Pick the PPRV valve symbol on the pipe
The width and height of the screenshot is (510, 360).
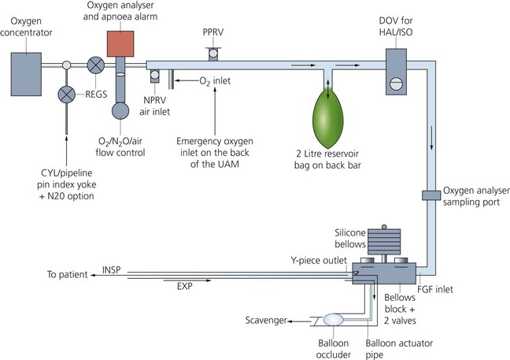pos(212,53)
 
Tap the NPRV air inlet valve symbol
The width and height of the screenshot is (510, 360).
pos(155,76)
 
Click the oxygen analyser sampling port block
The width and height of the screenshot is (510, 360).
pos(430,194)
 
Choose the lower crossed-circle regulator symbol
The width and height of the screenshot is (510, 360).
pos(68,93)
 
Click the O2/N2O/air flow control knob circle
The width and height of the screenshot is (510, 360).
pos(122,109)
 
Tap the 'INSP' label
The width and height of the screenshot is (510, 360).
pos(113,269)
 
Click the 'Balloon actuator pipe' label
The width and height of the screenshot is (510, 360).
pos(400,344)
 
